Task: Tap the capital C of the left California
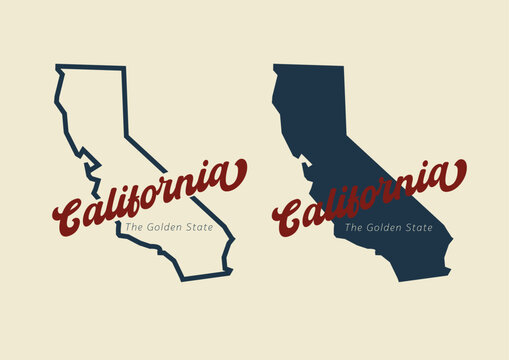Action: [72, 211]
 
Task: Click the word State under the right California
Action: [419, 228]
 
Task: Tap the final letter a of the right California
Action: [453, 177]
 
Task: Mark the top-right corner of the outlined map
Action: [125, 68]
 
